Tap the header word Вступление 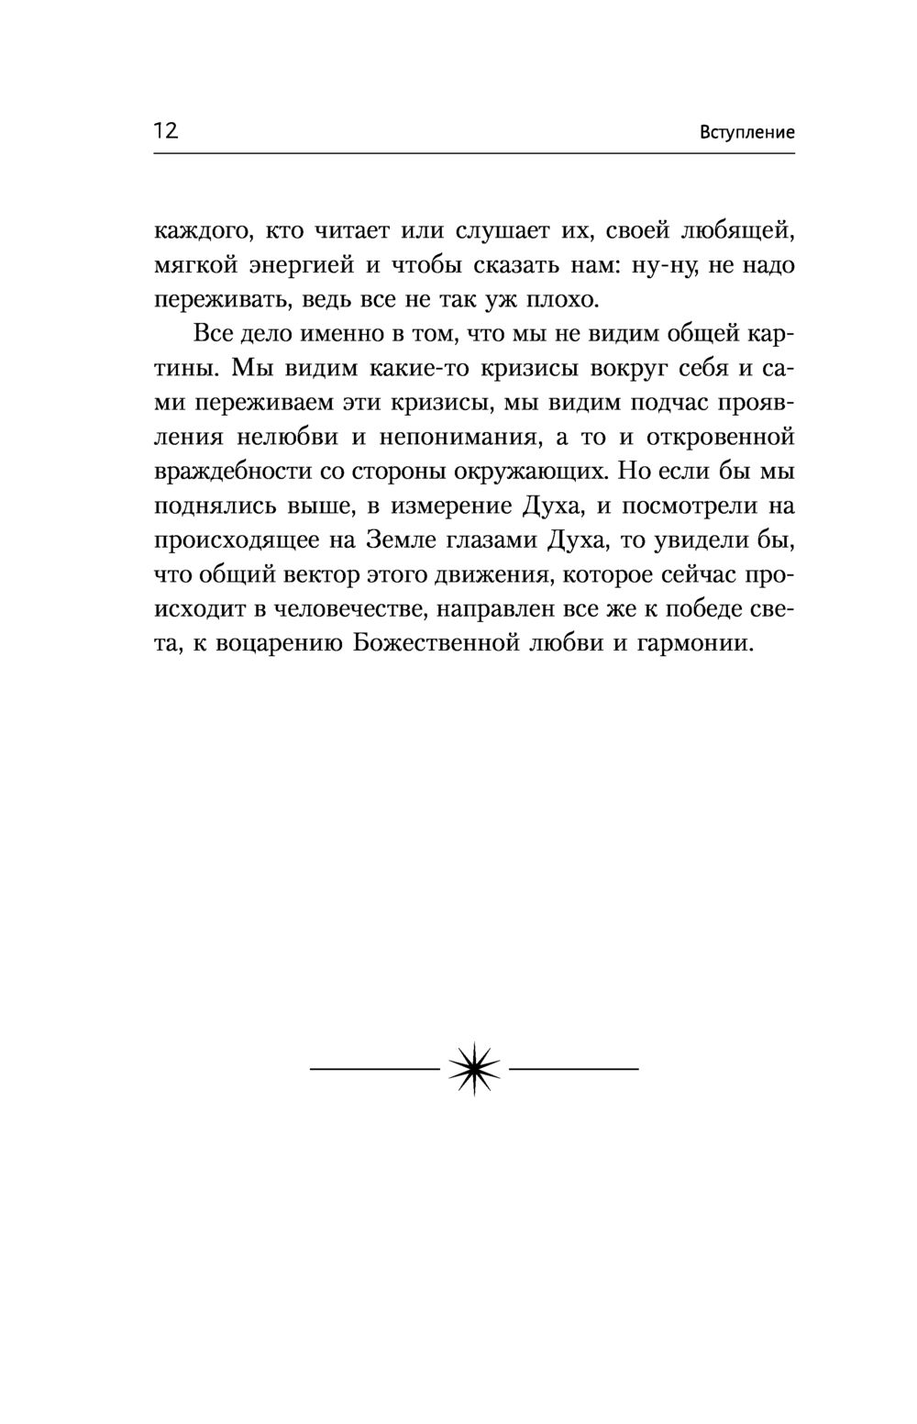coord(746,132)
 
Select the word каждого coord(197,231)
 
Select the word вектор coord(317,575)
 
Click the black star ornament coord(474,1069)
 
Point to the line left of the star coord(375,1069)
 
